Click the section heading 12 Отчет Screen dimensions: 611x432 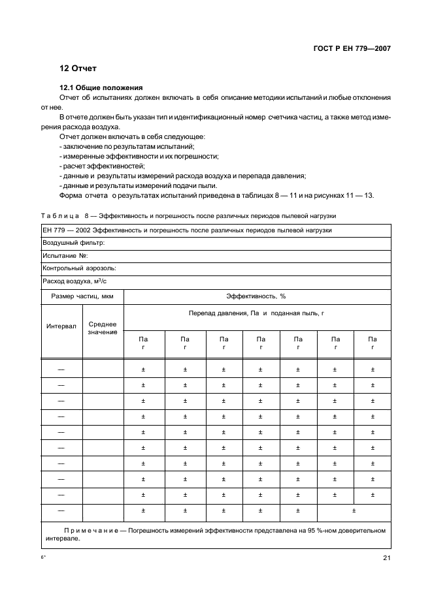coord(79,69)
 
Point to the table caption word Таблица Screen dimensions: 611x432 coord(59,215)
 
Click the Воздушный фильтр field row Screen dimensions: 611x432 coord(74,242)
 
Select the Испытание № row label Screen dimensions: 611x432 coord(65,255)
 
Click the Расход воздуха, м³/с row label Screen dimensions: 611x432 coord(73,281)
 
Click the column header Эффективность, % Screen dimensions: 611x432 coord(256,296)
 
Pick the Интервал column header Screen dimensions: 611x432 coord(61,326)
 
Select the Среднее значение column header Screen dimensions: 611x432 coord(103,328)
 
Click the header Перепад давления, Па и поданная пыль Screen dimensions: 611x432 coord(256,313)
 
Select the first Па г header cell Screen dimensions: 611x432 coord(143,343)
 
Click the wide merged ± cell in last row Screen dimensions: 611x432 coord(354,511)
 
